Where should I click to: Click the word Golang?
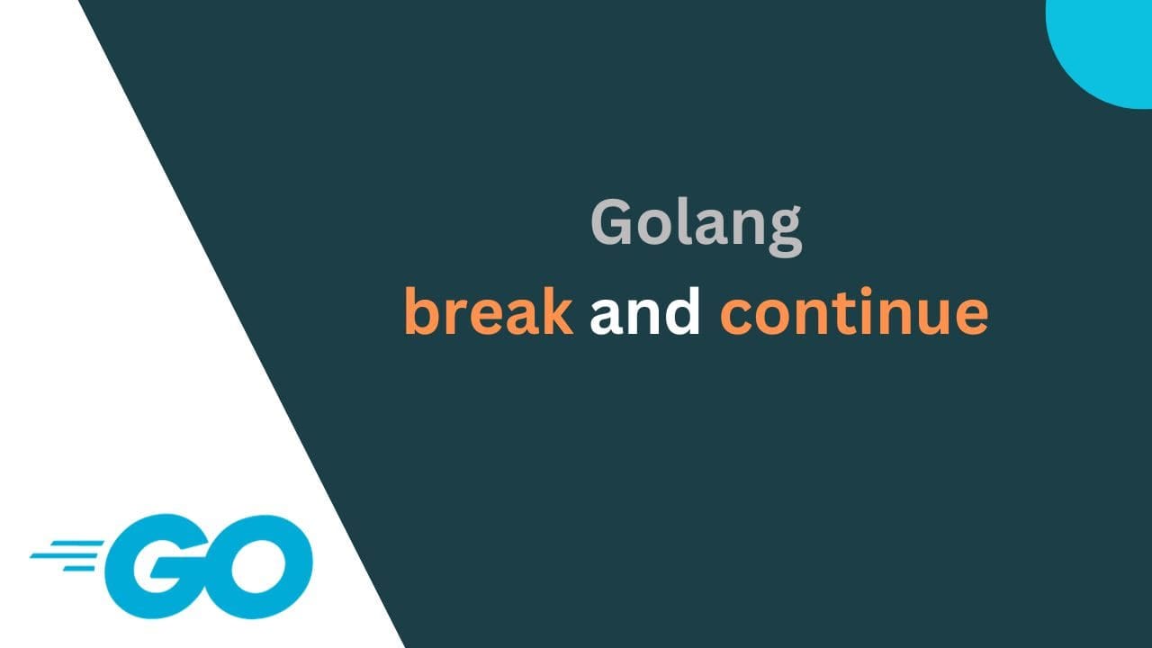click(x=697, y=225)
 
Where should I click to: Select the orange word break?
click(x=489, y=311)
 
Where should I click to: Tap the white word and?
click(x=645, y=311)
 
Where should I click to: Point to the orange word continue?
click(x=854, y=311)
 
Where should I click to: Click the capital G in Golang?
click(x=611, y=222)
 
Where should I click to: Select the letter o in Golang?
click(x=653, y=228)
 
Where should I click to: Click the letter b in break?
click(x=423, y=311)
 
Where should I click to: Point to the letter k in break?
click(x=557, y=311)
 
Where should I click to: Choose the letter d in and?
click(x=682, y=311)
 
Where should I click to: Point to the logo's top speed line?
click(x=76, y=543)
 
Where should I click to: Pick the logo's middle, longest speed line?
click(x=64, y=555)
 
